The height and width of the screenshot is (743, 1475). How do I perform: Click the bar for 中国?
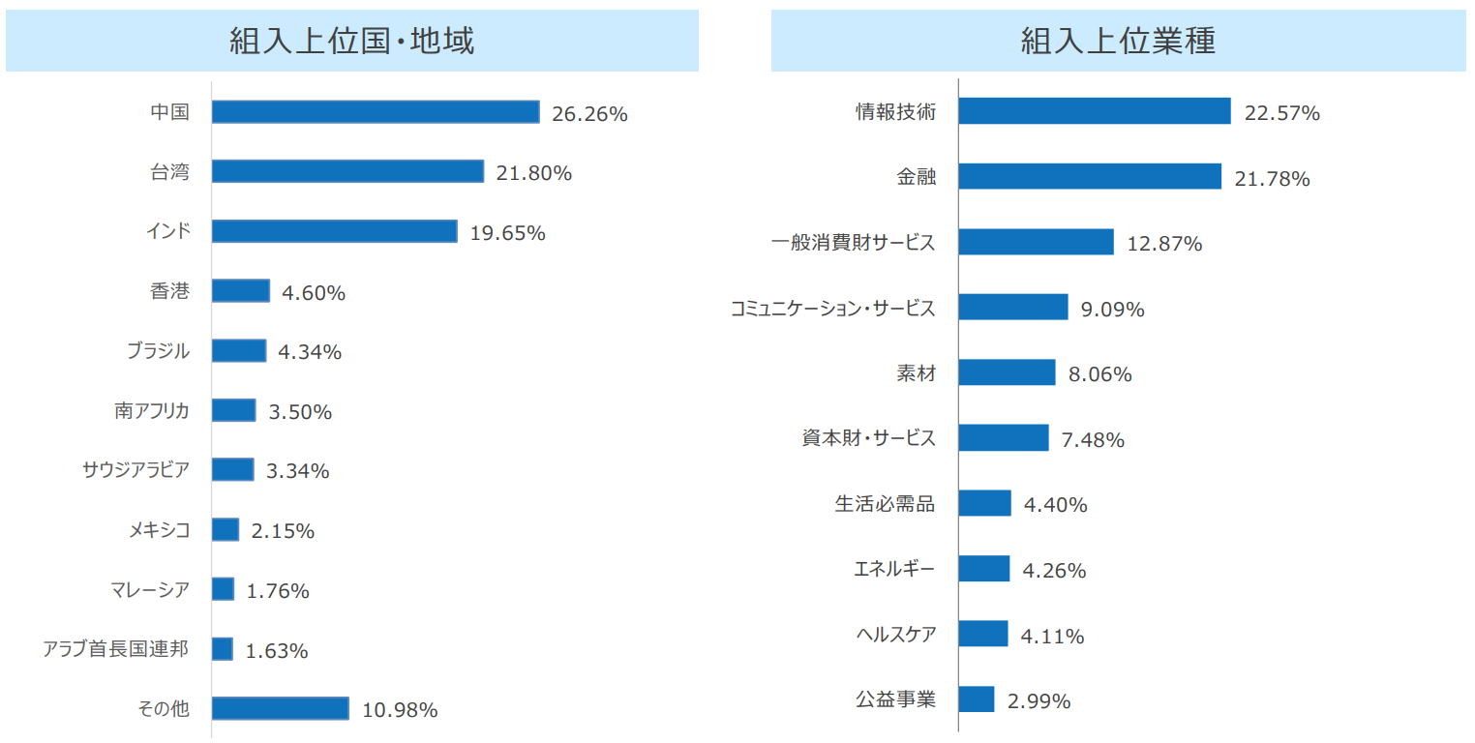click(376, 112)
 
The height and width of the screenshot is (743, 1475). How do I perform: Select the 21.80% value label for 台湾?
click(533, 173)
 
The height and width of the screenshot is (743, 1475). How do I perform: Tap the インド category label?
click(166, 231)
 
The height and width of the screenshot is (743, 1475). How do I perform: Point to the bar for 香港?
click(240, 291)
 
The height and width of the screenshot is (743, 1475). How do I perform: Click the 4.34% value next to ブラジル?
click(309, 352)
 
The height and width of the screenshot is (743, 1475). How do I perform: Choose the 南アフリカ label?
click(151, 411)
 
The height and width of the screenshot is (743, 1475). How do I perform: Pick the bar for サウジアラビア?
click(232, 470)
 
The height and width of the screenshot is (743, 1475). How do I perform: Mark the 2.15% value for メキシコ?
click(282, 531)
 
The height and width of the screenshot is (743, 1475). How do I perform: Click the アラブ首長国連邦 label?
click(115, 649)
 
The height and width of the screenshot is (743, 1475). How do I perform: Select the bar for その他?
click(280, 708)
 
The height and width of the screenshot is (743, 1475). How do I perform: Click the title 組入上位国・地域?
click(351, 41)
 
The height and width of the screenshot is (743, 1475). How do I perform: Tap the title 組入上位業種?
click(1118, 41)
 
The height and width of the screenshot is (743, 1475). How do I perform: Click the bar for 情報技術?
click(1095, 111)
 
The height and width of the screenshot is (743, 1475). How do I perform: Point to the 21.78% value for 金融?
click(1272, 179)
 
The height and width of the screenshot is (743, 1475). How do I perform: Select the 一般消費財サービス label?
click(853, 243)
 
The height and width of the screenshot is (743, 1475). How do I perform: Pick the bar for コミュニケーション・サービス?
click(1013, 308)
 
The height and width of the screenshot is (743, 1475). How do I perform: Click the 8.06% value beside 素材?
click(1099, 374)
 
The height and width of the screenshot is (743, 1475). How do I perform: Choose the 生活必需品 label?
click(885, 504)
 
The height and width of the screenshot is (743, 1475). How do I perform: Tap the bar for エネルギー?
click(984, 569)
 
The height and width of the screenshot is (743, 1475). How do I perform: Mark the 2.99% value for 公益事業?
click(1039, 701)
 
